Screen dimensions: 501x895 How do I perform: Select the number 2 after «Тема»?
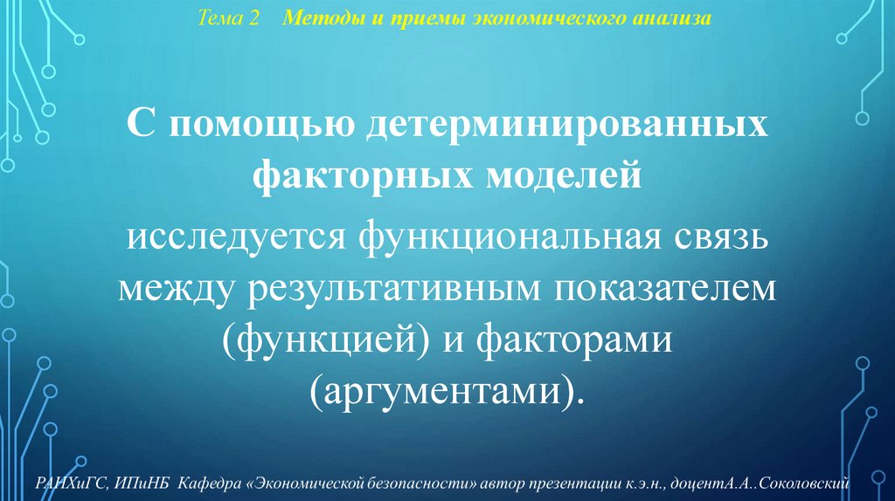click(x=254, y=18)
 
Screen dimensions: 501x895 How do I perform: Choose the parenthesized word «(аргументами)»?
click(x=447, y=389)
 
